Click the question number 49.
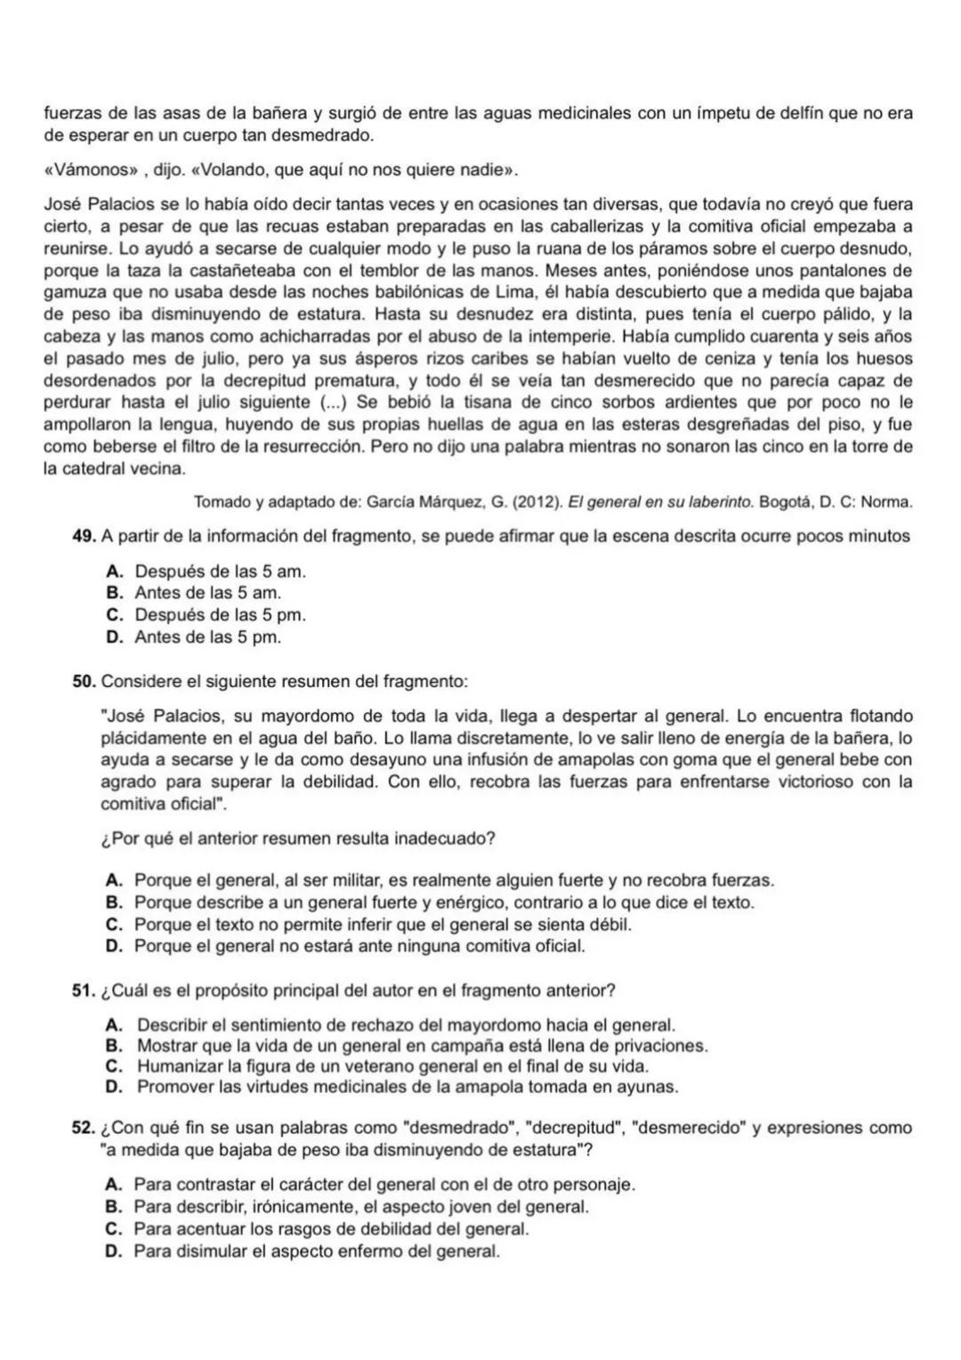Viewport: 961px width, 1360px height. point(85,536)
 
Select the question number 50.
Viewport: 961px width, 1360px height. point(85,682)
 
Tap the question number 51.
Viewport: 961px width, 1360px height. point(85,991)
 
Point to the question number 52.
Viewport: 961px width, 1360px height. point(85,1128)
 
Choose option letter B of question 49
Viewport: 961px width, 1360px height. point(113,593)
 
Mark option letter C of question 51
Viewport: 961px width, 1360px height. point(113,1065)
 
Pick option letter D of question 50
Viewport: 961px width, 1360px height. point(113,946)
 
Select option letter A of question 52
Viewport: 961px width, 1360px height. point(113,1185)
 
